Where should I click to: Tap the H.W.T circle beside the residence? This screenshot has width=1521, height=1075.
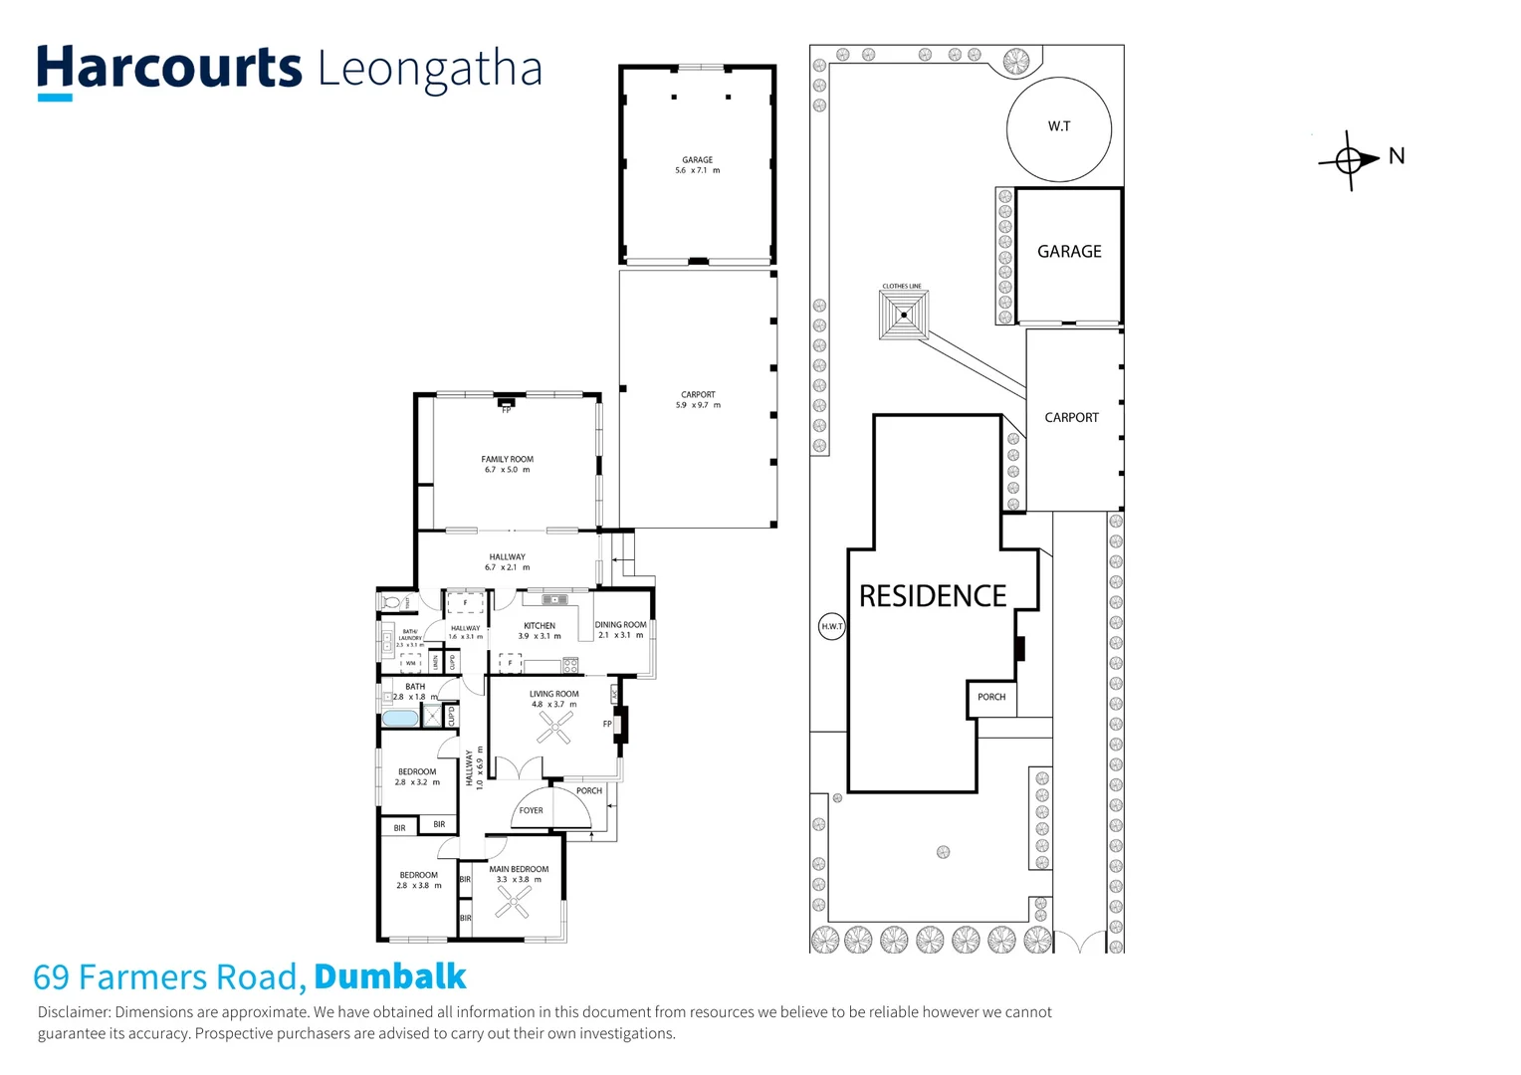pyautogui.click(x=831, y=626)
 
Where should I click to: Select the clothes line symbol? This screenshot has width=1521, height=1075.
pyautogui.click(x=904, y=316)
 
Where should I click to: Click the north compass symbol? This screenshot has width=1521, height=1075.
pyautogui.click(x=1350, y=159)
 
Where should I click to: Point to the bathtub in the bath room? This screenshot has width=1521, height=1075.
pyautogui.click(x=401, y=718)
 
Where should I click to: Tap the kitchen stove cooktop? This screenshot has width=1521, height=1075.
pyautogui.click(x=570, y=665)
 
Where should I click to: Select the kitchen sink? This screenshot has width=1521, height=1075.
pyautogui.click(x=554, y=599)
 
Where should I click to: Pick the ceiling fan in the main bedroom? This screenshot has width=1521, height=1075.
pyautogui.click(x=514, y=902)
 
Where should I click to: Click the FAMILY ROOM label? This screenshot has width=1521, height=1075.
pyautogui.click(x=507, y=459)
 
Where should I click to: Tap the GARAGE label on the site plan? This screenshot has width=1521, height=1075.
pyautogui.click(x=1069, y=252)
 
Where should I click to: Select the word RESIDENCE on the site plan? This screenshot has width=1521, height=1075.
pyautogui.click(x=933, y=596)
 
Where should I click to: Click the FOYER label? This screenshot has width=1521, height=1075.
pyautogui.click(x=532, y=810)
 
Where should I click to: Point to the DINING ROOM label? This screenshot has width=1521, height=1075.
pyautogui.click(x=620, y=625)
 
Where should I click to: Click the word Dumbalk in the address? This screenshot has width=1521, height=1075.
pyautogui.click(x=389, y=976)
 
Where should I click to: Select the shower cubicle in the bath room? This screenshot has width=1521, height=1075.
pyautogui.click(x=432, y=717)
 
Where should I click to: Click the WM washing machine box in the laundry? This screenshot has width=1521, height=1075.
pyautogui.click(x=410, y=663)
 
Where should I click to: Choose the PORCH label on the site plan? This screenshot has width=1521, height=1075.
pyautogui.click(x=990, y=697)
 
